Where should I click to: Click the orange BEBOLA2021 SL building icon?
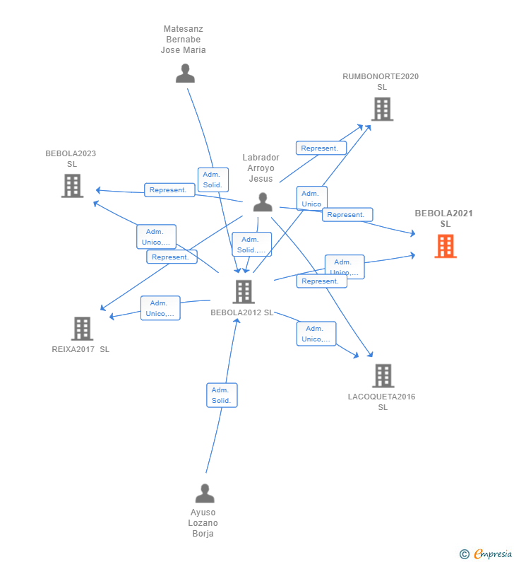[x=446, y=247]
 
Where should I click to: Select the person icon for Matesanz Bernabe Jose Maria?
[x=185, y=74]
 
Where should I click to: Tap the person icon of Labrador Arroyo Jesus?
[x=263, y=202]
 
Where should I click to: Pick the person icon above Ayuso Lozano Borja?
[x=205, y=493]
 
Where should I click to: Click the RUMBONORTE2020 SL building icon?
[x=382, y=109]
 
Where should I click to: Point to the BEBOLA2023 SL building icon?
[x=72, y=185]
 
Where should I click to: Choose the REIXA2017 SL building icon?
[x=82, y=328]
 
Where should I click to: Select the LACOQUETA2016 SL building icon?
[x=383, y=375]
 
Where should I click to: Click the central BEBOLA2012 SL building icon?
[x=243, y=291]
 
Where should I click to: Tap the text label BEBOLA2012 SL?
[x=242, y=312]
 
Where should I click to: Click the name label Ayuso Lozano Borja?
[x=203, y=523]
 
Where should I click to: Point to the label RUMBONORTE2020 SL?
[x=381, y=81]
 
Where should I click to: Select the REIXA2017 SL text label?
[x=80, y=349]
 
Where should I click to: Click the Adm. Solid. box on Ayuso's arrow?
[x=221, y=395]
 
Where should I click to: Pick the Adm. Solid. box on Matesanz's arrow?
[x=213, y=180]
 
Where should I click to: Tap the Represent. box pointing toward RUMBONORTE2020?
[x=321, y=148]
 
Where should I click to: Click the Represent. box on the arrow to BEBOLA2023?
[x=169, y=189]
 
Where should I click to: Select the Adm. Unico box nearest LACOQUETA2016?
[x=316, y=334]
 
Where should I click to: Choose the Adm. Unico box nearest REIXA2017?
[x=160, y=308]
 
